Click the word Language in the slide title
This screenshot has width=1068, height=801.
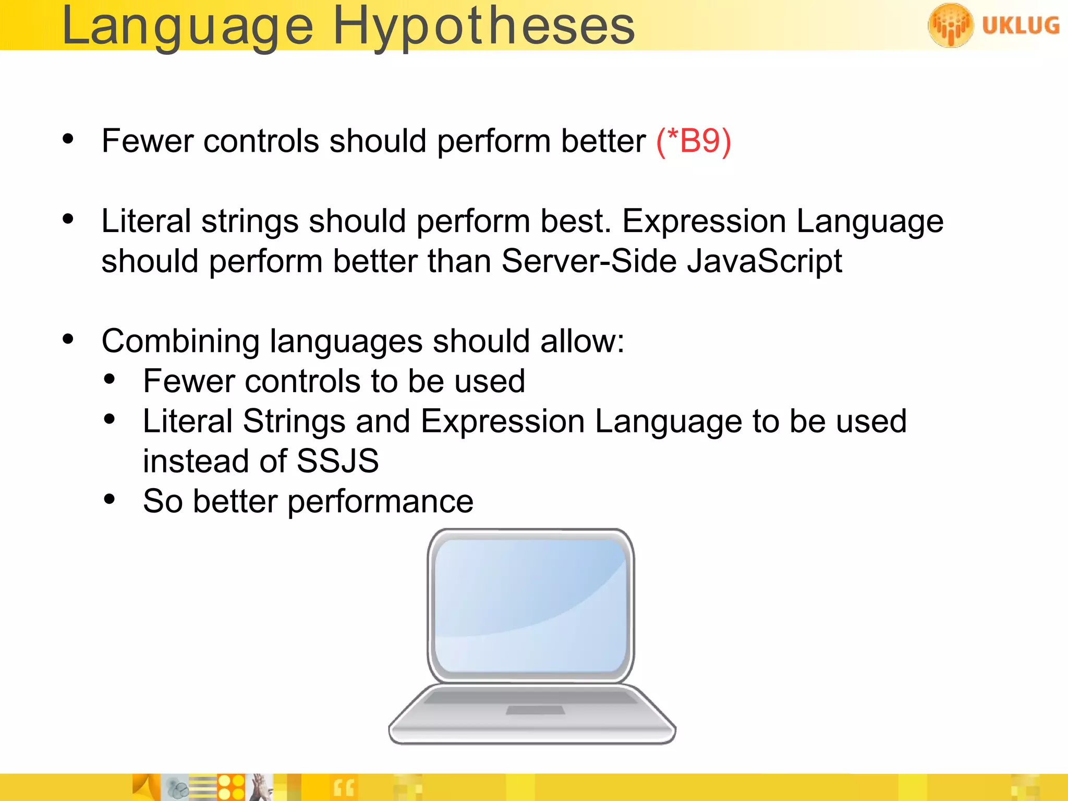tap(188, 27)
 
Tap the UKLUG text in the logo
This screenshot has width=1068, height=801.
tap(1020, 26)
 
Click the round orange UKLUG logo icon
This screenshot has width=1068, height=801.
tap(950, 25)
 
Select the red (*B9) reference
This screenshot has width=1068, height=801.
tap(694, 141)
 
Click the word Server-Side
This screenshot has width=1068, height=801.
tap(589, 261)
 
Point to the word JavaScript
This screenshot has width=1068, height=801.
tap(764, 261)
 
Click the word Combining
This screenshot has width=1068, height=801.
tap(180, 342)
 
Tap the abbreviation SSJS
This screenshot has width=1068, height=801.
tap(337, 461)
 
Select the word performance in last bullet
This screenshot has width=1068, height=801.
tap(380, 502)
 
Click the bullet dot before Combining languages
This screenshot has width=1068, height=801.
tap(68, 339)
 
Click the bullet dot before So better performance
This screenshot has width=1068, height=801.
tap(109, 499)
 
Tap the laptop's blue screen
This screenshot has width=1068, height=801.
tap(531, 605)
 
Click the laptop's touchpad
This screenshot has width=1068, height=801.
tap(536, 710)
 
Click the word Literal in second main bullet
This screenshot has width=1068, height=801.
tap(146, 221)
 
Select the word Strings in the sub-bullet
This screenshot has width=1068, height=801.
tap(294, 421)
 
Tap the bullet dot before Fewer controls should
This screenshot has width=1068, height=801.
tap(68, 139)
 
